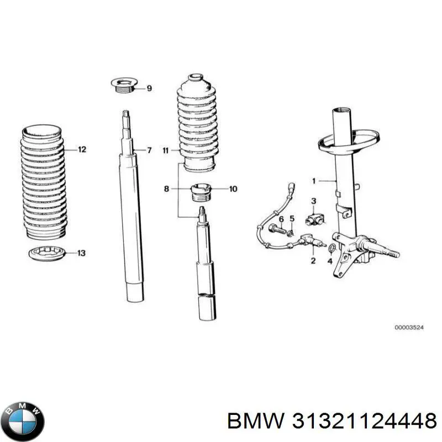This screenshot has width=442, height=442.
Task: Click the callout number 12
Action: click(82, 150)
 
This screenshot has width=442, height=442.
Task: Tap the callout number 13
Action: click(81, 254)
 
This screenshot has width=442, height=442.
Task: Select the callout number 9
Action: click(149, 88)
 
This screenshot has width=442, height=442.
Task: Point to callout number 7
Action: click(148, 150)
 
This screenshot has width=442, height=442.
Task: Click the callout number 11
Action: click(165, 150)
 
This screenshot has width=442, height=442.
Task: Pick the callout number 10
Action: click(233, 189)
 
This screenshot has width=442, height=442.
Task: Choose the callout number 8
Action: click(166, 189)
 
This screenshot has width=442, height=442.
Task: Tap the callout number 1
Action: click(314, 181)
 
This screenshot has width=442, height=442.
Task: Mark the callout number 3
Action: click(313, 201)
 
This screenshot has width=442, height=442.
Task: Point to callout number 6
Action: click(281, 219)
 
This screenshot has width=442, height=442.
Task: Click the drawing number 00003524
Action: click(409, 327)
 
